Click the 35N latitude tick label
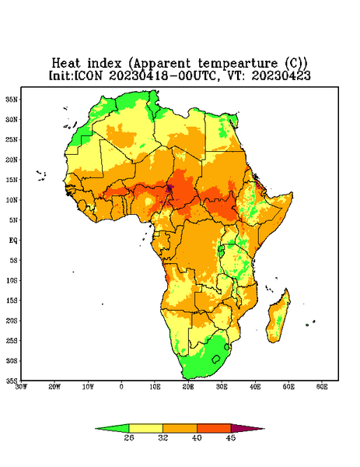click(12, 99)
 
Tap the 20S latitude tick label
click(12, 321)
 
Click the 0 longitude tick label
click(121, 387)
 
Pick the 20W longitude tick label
click(54, 387)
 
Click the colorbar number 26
click(129, 437)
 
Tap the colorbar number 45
click(231, 437)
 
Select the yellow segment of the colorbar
click(145, 428)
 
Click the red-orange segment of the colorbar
click(214, 428)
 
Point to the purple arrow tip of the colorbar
click(264, 429)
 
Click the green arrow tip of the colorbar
click(96, 429)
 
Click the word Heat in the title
click(66, 64)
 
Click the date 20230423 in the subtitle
click(281, 75)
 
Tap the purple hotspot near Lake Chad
click(170, 188)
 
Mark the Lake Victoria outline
click(221, 248)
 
